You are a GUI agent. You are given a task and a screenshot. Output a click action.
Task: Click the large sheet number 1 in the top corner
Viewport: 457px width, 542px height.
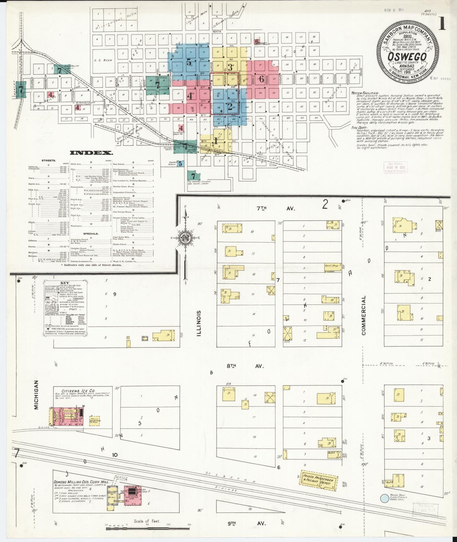tap(442, 23)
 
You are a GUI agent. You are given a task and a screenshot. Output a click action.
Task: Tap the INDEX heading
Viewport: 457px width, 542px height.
tap(91, 153)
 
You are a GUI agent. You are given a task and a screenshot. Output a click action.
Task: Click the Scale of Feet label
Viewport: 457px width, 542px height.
tap(147, 521)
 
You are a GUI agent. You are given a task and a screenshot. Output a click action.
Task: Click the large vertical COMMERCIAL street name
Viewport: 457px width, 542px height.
tap(364, 315)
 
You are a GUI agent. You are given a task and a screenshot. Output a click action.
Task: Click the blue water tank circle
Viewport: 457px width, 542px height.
tap(384, 499)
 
